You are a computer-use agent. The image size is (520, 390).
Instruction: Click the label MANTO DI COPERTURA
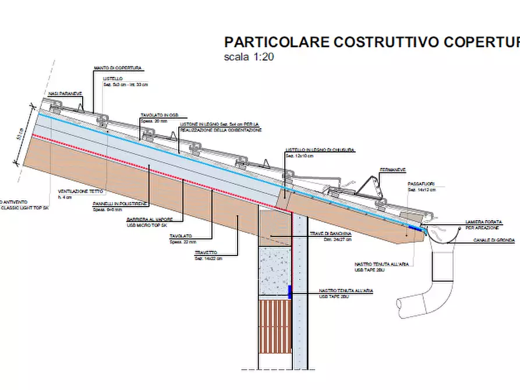(117, 69)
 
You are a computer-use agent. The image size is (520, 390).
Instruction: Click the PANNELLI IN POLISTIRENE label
(119, 204)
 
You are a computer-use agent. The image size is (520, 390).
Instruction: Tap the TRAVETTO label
(206, 252)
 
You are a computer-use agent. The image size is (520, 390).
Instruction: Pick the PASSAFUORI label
(420, 184)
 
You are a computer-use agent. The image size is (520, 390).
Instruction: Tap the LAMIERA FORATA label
(483, 222)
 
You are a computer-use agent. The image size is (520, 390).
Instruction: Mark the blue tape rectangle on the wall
(289, 292)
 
